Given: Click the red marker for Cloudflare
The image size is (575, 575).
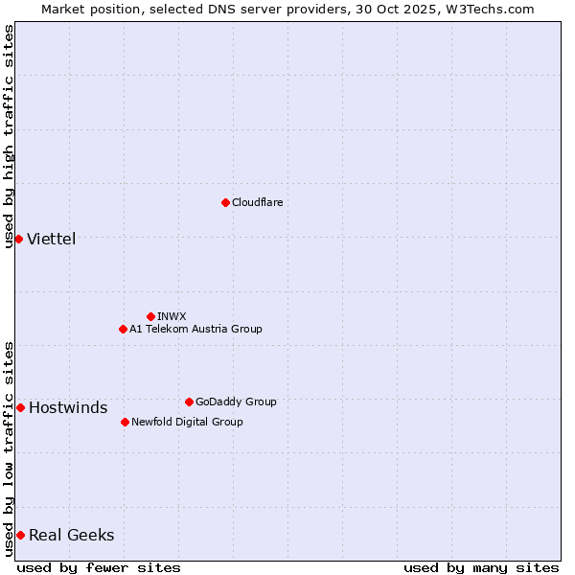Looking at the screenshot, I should [225, 202].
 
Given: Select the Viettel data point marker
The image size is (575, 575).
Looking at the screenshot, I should [18, 239].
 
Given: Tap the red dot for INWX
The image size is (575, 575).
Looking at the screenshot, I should [150, 316].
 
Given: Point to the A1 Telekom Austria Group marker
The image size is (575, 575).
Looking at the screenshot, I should [123, 329].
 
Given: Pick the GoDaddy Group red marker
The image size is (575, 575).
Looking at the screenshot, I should [189, 402].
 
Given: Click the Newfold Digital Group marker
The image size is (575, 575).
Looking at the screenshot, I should [125, 422].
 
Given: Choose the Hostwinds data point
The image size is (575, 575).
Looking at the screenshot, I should [20, 407].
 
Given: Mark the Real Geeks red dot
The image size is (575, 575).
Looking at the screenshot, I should [20, 535].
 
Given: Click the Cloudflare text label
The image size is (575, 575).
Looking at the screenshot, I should [257, 202].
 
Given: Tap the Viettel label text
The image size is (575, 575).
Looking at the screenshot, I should [51, 239].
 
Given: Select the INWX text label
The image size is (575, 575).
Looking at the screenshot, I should [172, 316].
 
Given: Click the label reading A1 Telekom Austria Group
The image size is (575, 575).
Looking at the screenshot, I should [195, 329].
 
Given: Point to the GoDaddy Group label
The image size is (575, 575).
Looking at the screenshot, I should [236, 402].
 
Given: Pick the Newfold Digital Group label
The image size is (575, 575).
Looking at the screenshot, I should [187, 422].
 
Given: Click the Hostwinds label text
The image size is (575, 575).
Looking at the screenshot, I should [68, 407].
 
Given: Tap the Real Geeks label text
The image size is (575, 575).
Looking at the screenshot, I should [71, 535].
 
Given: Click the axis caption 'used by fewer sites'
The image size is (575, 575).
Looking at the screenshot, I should [99, 567].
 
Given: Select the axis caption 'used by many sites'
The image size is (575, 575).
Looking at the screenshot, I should [481, 567].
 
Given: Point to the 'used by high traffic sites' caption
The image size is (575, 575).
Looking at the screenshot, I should [9, 135].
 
